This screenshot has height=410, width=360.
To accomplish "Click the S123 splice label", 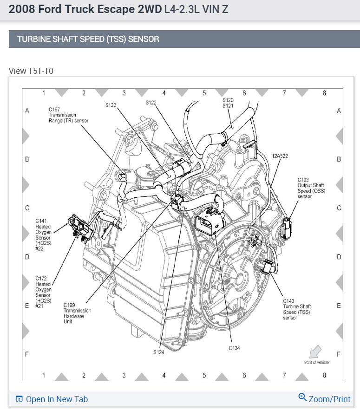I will point(110,105).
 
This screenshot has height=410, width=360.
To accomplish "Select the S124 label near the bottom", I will point(158,352).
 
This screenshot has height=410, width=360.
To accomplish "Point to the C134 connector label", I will point(234,347).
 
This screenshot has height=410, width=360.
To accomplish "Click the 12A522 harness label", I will point(280,156).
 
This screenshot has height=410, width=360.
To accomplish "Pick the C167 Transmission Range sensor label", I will point(68,115).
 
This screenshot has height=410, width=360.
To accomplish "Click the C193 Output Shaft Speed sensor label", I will point(311,188).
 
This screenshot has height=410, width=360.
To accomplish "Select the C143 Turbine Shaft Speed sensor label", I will point(297,309).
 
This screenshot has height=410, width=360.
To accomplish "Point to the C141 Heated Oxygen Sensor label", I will point(43,234).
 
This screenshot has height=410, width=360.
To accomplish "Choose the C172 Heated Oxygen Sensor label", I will point(43,292).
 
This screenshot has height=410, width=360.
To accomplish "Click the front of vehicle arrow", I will point(316,351).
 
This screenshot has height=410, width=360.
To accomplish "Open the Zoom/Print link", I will point(325,398).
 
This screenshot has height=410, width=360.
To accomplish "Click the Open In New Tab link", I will point(52,399).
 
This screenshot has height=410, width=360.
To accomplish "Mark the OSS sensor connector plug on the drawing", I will point(287,226).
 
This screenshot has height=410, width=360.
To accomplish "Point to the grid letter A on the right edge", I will point(339,111).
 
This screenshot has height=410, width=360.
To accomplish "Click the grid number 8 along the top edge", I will point(324,93).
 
